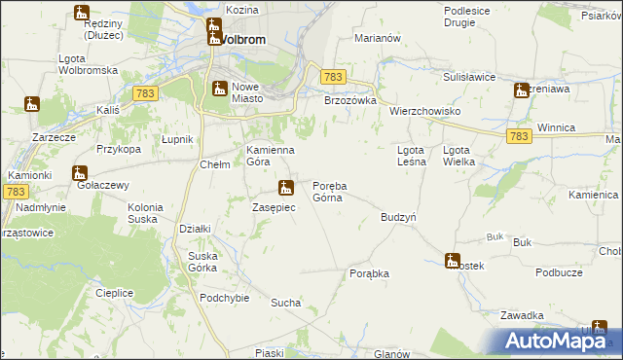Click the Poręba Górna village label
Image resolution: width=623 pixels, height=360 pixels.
click(330, 192)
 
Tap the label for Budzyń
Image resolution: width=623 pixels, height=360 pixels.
click(399, 218)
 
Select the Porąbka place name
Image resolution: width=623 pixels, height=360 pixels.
click(369, 274)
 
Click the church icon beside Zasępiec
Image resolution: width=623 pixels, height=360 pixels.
click(285, 188)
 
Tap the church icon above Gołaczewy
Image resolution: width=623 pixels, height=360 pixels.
click(80, 173)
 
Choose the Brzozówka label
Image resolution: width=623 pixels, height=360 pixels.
click(349, 99)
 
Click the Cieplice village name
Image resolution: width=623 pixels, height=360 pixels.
click(114, 292)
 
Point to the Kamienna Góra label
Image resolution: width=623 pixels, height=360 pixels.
click(270, 156)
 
